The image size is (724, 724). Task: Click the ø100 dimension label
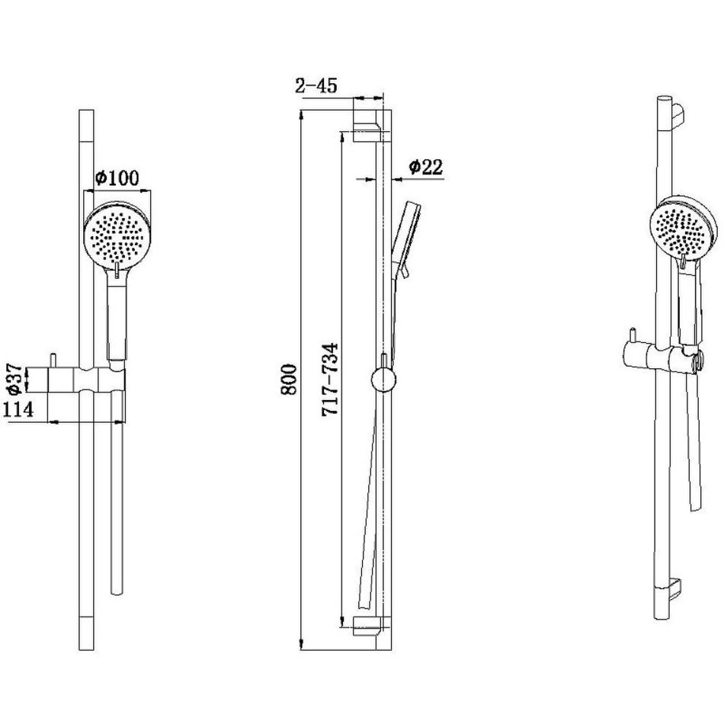pyautogui.click(x=117, y=178)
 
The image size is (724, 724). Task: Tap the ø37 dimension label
pyautogui.click(x=15, y=379)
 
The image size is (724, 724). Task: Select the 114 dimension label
pyautogui.click(x=18, y=409)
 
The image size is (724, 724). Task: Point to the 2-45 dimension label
pyautogui.click(x=316, y=85)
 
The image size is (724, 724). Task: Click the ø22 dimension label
pyautogui.click(x=426, y=167)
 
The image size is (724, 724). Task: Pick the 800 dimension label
pyautogui.click(x=289, y=380)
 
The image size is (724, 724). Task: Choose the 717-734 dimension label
pyautogui.click(x=331, y=380)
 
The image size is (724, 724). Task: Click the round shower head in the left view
pyautogui.click(x=114, y=235)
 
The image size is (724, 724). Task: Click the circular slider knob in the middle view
pyautogui.click(x=383, y=380)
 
